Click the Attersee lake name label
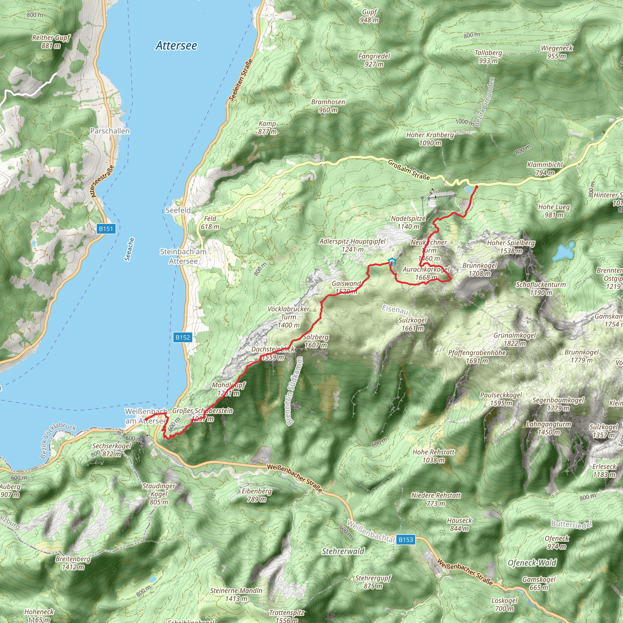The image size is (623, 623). point(176,46)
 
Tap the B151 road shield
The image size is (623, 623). point(106,229)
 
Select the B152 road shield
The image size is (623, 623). point(183,337)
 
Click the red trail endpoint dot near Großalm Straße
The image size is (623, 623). point(477,186)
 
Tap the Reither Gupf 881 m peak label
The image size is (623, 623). point(51,42)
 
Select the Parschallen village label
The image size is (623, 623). point(110,131)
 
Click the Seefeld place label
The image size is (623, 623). point(178,210)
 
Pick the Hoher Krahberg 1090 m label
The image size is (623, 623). point(430,139)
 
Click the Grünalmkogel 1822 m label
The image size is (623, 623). point(515,339)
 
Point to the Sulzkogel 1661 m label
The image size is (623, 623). point(412,324)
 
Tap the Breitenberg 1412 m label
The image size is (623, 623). point(73,563)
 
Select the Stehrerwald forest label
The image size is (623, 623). point(343,552)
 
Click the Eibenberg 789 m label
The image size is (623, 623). point(257,495)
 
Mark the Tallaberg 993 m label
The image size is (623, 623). point(488,57)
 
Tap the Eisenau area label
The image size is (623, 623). point(395,309)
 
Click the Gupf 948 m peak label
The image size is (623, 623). point(369,16)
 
